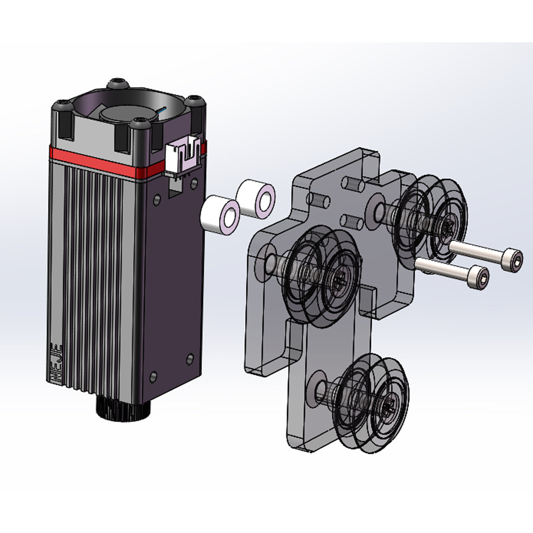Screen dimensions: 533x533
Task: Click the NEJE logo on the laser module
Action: pyautogui.click(x=57, y=364)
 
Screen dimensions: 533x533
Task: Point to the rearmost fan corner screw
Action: pyautogui.click(x=118, y=83)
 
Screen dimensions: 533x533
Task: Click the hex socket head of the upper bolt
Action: pyautogui.click(x=513, y=257)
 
